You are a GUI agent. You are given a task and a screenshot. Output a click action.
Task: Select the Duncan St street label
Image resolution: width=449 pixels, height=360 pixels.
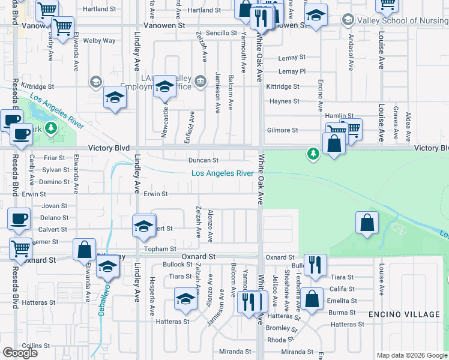[203, 160]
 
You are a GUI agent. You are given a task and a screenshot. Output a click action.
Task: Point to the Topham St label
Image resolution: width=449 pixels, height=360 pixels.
[162, 248]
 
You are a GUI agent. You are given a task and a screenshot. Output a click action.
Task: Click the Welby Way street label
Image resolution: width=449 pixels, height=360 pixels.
[100, 41]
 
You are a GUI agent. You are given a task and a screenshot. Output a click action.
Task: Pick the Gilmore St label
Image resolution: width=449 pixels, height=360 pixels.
[282, 130]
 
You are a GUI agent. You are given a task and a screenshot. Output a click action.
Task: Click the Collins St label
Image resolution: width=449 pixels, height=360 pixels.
[36, 346]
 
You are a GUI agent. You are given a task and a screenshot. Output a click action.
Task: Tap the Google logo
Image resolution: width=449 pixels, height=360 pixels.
[20, 353]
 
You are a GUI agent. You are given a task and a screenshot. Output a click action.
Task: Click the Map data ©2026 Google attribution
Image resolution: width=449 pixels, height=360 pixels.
[412, 356]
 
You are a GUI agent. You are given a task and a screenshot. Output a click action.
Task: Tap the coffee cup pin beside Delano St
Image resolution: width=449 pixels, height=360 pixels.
[19, 218]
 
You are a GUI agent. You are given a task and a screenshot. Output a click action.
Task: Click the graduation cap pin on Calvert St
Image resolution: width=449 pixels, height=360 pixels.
[143, 226]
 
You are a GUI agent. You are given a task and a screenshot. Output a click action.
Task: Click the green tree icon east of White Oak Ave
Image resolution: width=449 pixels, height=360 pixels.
[313, 154]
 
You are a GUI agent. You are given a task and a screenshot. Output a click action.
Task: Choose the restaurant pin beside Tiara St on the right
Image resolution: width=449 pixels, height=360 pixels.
[315, 265]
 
